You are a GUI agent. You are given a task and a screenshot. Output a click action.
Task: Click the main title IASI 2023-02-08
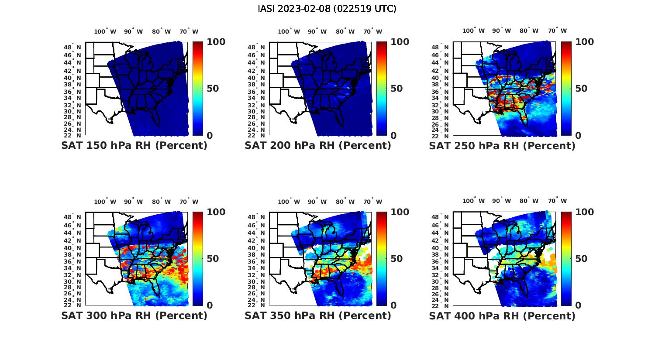coord(327,9)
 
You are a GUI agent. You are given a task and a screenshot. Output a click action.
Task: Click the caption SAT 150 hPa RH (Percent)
coord(134,146)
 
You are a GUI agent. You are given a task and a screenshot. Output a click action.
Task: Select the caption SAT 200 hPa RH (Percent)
coord(318,146)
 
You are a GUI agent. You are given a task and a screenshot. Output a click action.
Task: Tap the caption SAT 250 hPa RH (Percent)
coord(502,146)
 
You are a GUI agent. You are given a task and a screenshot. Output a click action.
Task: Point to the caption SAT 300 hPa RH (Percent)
coord(134,315)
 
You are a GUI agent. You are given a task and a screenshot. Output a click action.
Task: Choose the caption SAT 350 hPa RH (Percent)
coord(318,315)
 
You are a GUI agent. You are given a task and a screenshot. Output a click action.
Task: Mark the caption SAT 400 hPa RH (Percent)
coord(502,315)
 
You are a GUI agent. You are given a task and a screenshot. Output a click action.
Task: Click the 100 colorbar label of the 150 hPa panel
coord(216,42)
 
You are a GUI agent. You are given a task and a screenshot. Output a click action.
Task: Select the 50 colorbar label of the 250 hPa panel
coord(581,89)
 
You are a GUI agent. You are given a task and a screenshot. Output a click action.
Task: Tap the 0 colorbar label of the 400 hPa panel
coord(578,305)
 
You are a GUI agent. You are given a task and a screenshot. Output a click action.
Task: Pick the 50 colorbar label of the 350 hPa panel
coord(397,259)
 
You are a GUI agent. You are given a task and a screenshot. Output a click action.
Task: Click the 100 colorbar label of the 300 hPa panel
coord(216,212)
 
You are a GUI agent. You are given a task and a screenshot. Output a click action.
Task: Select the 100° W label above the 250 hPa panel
coord(473,31)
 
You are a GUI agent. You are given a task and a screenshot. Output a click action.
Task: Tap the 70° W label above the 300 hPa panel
coord(189,202)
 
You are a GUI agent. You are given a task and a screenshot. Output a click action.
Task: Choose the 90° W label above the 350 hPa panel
coord(317,202)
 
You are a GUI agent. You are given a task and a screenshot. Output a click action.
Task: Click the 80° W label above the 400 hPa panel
coord(529,201)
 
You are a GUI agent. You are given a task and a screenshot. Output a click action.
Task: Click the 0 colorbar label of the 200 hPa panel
coord(394,136)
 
